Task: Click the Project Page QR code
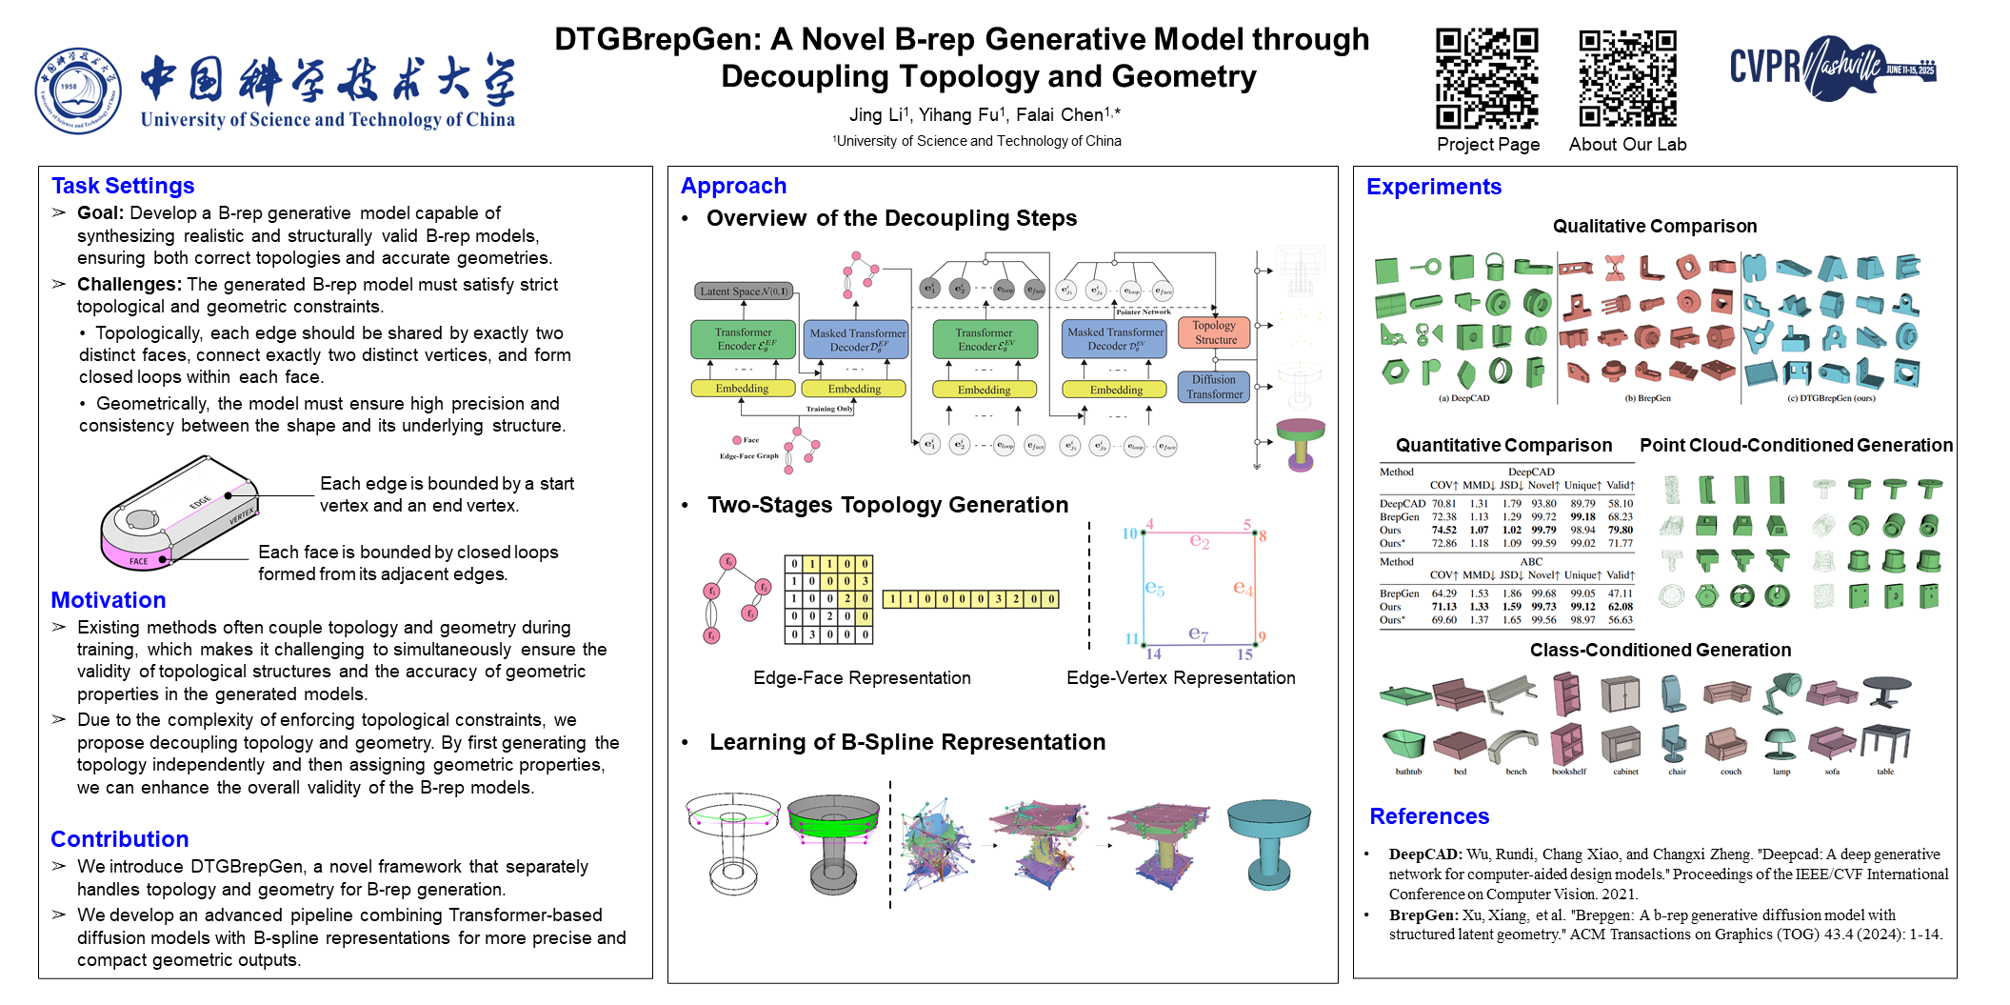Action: (1486, 78)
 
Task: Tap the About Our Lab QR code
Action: (1627, 78)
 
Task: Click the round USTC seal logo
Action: (78, 90)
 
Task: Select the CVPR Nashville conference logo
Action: (1832, 68)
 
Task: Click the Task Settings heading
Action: (123, 186)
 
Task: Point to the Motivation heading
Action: (109, 600)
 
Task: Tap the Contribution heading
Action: (120, 839)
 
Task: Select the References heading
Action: (1429, 816)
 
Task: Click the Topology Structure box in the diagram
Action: (1215, 332)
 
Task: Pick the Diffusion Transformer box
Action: (1214, 387)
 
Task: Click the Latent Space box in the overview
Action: (744, 291)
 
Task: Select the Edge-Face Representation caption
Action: (862, 678)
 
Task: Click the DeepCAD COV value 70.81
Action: (1443, 504)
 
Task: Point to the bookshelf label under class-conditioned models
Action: (1568, 772)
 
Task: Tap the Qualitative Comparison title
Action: (1654, 227)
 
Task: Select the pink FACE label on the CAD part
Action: (139, 561)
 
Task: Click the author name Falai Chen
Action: (1060, 115)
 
